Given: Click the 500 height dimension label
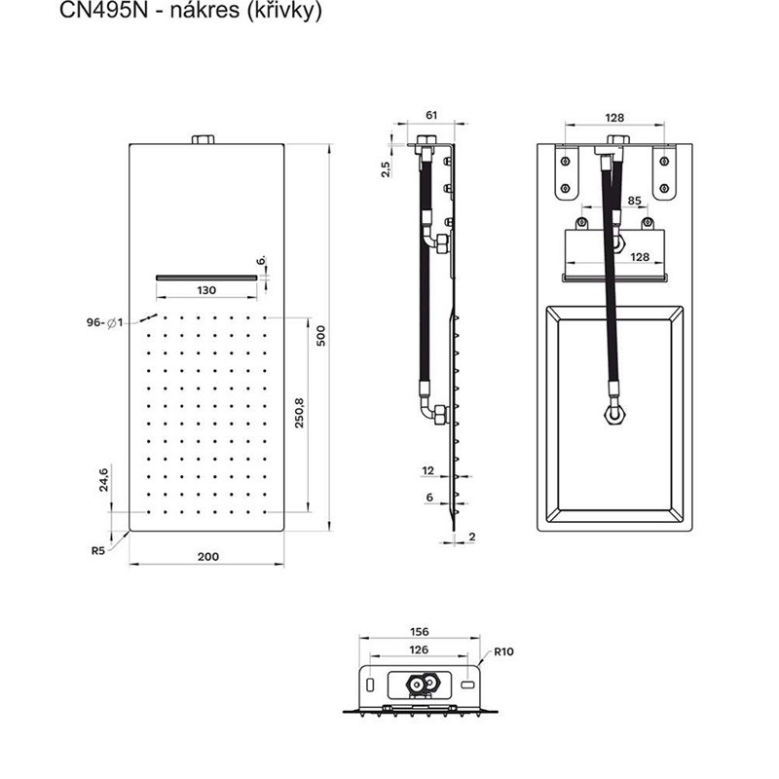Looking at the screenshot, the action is [321, 335].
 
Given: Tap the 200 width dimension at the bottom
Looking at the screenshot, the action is [208, 556].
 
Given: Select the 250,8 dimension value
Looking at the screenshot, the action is [299, 413].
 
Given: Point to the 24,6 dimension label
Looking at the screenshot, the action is [103, 480].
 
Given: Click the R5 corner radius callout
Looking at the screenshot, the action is [98, 550].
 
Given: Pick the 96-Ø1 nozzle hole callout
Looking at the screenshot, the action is [104, 323].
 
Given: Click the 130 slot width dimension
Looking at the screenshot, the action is [206, 290].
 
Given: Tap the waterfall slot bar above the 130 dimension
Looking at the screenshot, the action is [206, 278].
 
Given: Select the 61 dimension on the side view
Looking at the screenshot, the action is [431, 115].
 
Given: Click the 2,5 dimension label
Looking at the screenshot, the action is [386, 168].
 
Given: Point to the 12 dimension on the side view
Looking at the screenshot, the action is [427, 470].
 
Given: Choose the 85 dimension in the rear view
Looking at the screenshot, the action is [635, 201].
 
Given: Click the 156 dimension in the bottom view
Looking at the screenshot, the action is [419, 631].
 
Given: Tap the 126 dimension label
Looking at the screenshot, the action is [419, 649].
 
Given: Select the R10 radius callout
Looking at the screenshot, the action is [503, 651].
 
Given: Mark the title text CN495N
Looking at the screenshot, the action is [104, 10].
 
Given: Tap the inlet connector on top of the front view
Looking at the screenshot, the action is [204, 139].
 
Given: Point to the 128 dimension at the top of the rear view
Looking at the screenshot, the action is [614, 118].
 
